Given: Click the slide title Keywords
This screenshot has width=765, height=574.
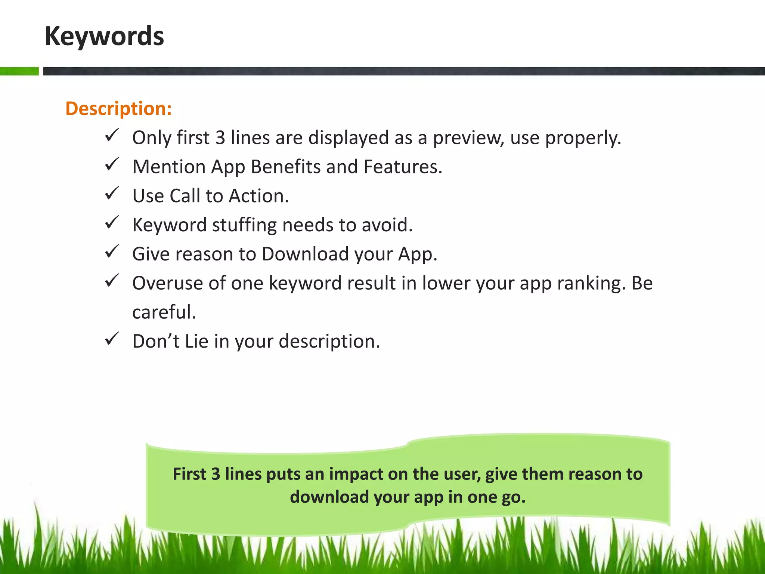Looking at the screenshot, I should coord(104,36).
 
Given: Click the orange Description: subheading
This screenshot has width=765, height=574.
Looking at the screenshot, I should coord(118,109).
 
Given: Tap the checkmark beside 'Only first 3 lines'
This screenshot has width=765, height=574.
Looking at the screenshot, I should coord(112,135).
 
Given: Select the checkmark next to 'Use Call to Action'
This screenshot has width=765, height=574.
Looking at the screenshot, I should coord(112,193).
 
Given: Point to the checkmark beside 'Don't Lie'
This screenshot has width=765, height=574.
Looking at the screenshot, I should coord(112,339).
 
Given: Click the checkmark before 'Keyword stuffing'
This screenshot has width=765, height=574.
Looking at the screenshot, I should coord(112,222).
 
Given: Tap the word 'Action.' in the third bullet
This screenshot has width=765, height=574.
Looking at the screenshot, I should coord(259,196).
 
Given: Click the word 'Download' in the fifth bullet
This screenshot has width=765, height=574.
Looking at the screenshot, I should coord(305,254).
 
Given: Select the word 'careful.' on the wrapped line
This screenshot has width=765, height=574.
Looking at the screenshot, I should coord(164,312).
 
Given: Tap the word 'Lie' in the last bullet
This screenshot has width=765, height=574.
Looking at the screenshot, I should coord(196,341).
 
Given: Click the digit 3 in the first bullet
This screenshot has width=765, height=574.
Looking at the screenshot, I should coord(220,138).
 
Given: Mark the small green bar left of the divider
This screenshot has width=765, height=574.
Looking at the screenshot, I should coord(19,71).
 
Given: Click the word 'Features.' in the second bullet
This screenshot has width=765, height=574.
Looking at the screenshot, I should coord(403,167).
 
